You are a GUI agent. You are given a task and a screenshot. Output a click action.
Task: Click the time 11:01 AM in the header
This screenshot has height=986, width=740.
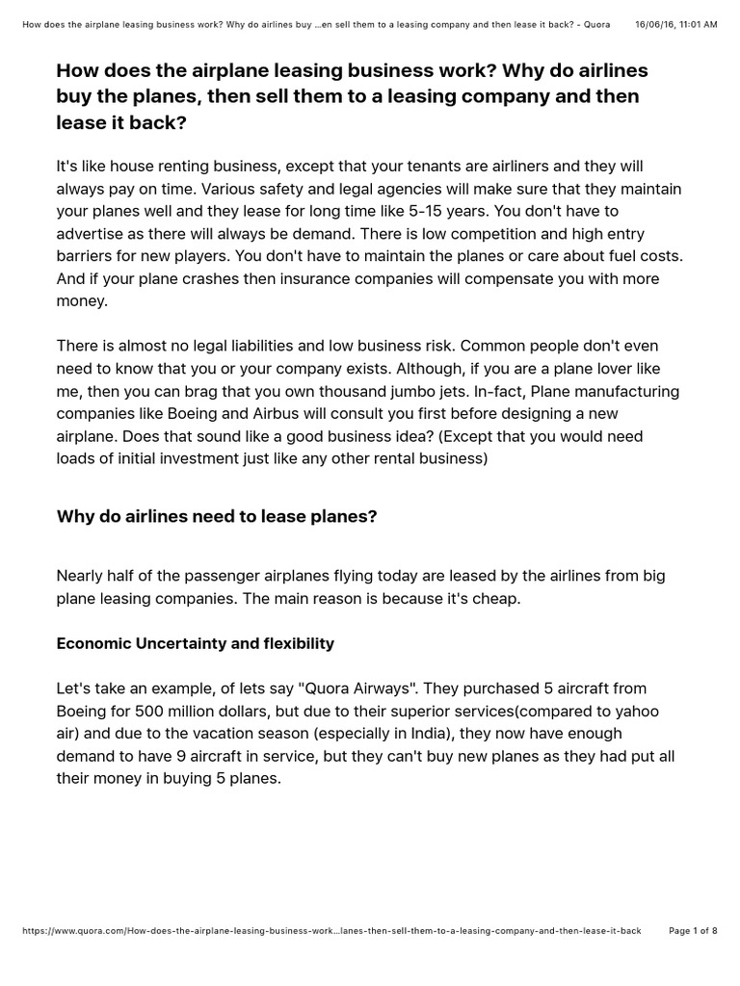pos(696,23)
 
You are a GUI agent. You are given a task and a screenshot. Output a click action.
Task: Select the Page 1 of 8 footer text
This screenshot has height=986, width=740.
pos(693,931)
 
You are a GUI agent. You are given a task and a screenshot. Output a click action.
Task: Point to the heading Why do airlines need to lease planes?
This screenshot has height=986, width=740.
pos(217,517)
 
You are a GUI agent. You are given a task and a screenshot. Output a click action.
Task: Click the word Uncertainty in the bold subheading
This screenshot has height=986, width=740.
pos(174,642)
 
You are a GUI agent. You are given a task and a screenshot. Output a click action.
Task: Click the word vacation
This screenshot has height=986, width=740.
pos(232,735)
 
